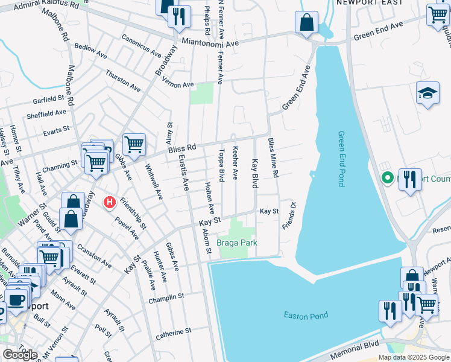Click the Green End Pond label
point(341,159)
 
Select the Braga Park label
point(237,243)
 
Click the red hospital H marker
point(110,202)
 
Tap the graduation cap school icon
point(427,93)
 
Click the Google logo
point(20,354)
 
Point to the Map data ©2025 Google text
point(413,357)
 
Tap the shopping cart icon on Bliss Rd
point(134,144)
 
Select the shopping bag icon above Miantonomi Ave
point(306,22)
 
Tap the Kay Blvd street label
point(255,173)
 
